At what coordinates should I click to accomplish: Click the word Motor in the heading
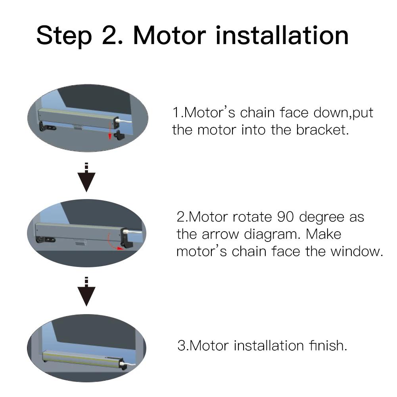169,35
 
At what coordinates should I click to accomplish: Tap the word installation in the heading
282,35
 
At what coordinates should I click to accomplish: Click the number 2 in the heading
110,35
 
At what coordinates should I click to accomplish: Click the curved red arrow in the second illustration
115,242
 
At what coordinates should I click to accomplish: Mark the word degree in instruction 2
322,218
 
